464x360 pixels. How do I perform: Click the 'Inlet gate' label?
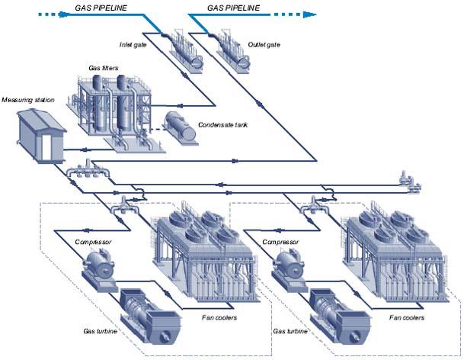click(x=136, y=44)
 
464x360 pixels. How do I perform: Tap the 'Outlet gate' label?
click(x=264, y=45)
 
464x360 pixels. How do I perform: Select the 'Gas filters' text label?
click(x=94, y=69)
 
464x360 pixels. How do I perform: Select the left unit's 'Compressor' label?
click(x=94, y=242)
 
